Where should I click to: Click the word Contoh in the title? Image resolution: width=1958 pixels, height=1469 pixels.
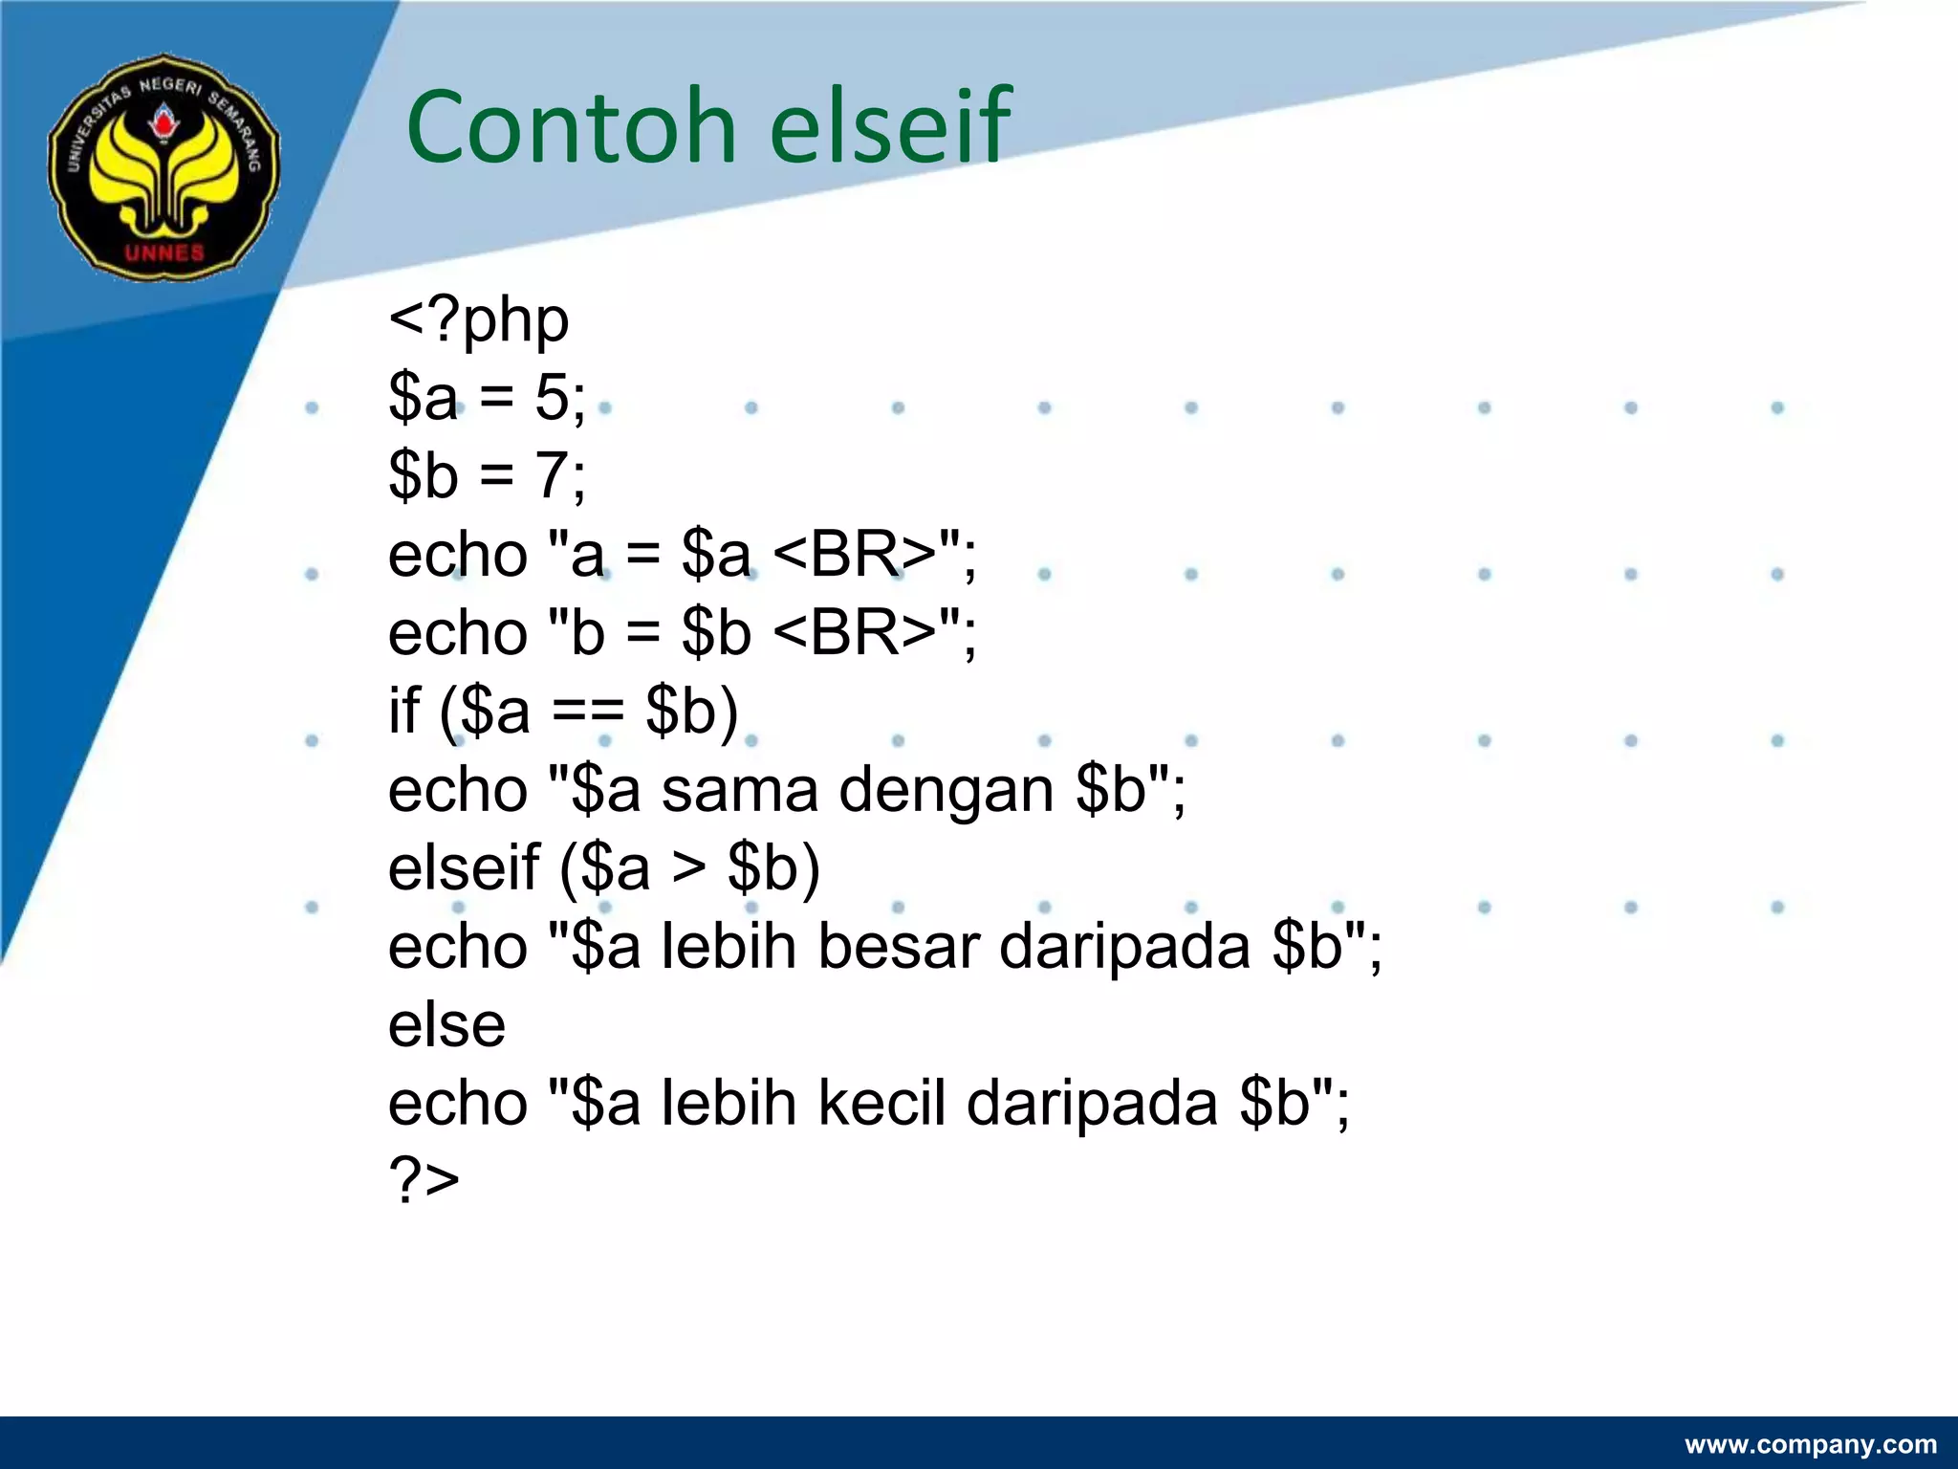[571, 127]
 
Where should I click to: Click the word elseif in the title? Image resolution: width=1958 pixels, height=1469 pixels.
[889, 127]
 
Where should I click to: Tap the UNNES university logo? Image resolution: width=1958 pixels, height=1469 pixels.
[164, 167]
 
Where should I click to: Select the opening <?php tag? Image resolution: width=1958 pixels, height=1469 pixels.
[478, 319]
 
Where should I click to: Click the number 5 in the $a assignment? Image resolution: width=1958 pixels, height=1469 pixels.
[553, 398]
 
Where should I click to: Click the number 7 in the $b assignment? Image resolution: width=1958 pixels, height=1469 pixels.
[553, 476]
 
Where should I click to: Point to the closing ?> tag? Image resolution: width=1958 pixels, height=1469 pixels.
[424, 1180]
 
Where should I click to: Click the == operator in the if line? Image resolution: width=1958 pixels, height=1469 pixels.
[587, 713]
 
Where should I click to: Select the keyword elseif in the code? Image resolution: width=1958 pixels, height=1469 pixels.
[464, 868]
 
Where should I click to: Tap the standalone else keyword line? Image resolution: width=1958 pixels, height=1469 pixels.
[446, 1025]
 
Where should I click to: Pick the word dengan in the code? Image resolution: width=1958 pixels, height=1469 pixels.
[946, 791]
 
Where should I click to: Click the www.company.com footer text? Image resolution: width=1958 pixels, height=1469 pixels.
[1810, 1444]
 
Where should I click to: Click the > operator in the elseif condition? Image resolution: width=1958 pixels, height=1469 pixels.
[688, 868]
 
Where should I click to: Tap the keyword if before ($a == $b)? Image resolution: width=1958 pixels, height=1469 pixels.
[403, 711]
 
